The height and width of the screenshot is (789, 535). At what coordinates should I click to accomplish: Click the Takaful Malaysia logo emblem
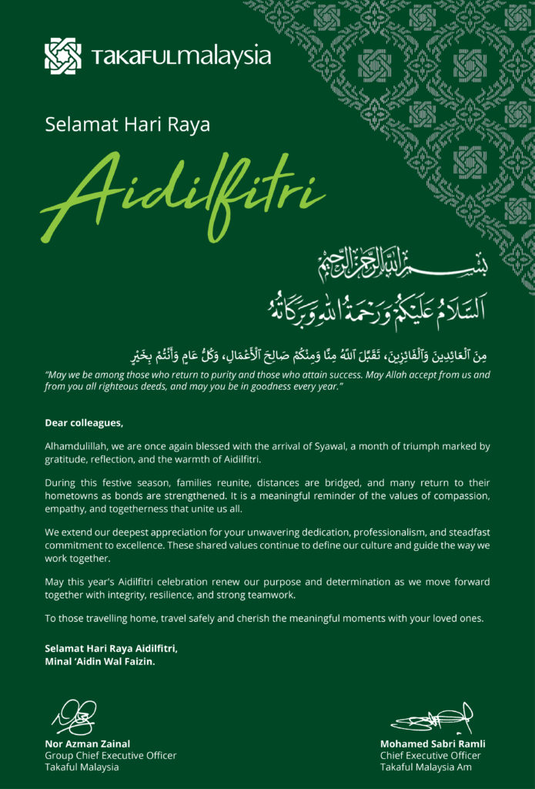tap(62, 55)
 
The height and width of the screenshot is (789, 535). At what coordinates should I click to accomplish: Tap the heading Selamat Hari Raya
tap(127, 124)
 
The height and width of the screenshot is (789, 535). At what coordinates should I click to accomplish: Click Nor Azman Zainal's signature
tap(75, 717)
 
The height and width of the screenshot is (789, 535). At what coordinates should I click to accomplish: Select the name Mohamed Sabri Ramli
tap(433, 744)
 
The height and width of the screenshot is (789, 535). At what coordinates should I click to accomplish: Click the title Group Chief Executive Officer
tap(110, 755)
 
